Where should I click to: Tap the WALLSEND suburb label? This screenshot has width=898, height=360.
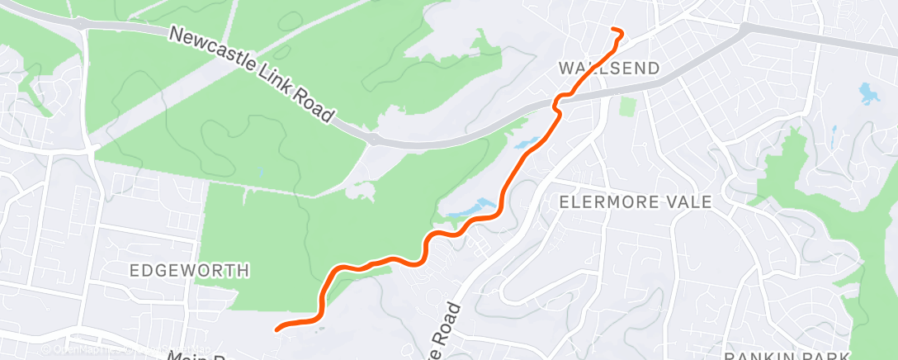(x=609, y=68)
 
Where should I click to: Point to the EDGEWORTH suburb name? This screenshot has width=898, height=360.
(x=189, y=270)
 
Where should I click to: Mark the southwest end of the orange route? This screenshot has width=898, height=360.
(x=276, y=328)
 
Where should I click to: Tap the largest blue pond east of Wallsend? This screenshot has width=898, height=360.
(x=868, y=92)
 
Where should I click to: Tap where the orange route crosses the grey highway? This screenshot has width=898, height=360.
(x=560, y=99)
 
